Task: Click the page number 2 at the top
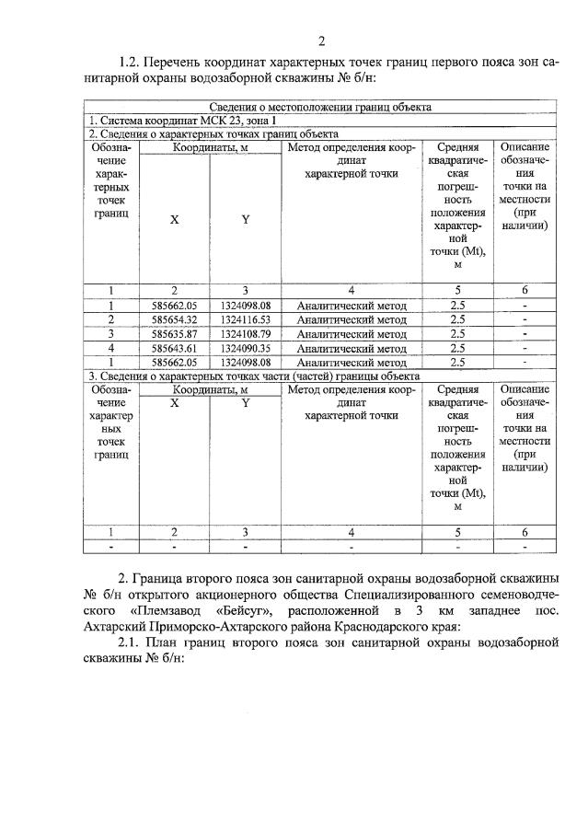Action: (321, 40)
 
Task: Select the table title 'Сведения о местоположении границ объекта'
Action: (321, 108)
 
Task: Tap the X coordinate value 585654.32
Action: (174, 319)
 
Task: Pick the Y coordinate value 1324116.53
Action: (245, 319)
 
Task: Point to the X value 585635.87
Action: (174, 334)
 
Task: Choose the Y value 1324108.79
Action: (245, 334)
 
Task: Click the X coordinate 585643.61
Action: (174, 349)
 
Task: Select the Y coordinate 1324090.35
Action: (245, 349)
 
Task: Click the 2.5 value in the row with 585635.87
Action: (457, 334)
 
